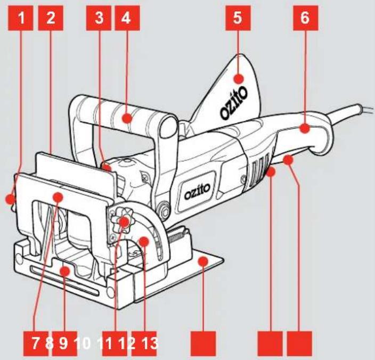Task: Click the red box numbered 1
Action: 21,18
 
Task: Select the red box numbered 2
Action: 51,18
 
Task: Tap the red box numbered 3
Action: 99,18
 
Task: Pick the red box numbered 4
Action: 127,18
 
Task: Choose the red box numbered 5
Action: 238,18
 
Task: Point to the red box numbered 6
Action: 305,18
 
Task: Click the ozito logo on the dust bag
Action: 234,103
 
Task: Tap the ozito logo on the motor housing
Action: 197,191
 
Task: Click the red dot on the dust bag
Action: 238,79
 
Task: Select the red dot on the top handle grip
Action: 127,118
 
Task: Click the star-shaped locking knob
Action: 124,220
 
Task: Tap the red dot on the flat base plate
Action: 203,261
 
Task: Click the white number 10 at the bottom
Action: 83,343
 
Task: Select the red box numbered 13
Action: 144,343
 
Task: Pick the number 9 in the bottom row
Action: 63,343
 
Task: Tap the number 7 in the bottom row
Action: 35,343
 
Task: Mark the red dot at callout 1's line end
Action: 10,199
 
